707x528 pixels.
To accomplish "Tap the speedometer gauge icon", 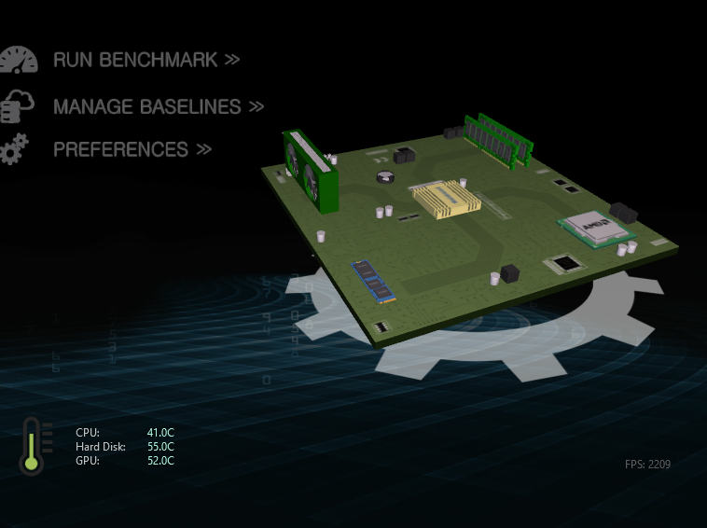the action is coord(19,60).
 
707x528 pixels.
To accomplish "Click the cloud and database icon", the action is coord(17,106).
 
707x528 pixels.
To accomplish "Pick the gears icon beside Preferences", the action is coord(14,149).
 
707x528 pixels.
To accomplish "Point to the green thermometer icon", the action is coord(31,446).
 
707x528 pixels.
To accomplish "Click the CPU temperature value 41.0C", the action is coord(160,433).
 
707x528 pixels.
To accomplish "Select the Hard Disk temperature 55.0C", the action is coord(160,447).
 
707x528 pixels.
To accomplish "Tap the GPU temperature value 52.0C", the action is coord(160,461).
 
